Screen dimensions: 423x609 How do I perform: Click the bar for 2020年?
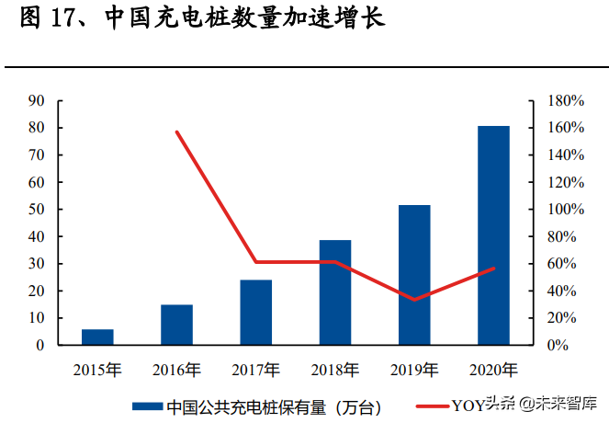pyautogui.click(x=493, y=235)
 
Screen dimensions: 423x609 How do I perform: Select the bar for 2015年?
pyautogui.click(x=97, y=337)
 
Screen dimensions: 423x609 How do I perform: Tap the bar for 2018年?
pyautogui.click(x=335, y=292)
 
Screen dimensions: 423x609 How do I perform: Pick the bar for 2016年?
pyautogui.click(x=176, y=325)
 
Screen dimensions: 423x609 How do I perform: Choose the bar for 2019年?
pyautogui.click(x=414, y=275)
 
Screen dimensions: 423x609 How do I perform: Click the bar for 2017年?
pyautogui.click(x=256, y=313)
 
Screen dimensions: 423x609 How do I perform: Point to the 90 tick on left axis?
pyautogui.click(x=38, y=100)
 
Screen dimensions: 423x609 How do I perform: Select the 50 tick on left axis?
pyautogui.click(x=38, y=210)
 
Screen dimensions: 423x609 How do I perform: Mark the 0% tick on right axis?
pyautogui.click(x=559, y=346)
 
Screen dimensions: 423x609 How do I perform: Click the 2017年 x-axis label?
pyautogui.click(x=256, y=371)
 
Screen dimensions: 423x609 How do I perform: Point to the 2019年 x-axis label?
pyautogui.click(x=414, y=371)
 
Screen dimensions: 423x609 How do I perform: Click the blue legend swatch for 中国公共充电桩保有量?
pyautogui.click(x=147, y=406)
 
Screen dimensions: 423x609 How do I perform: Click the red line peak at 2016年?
pyautogui.click(x=176, y=131)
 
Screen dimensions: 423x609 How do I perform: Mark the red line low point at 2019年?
pyautogui.click(x=414, y=300)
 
